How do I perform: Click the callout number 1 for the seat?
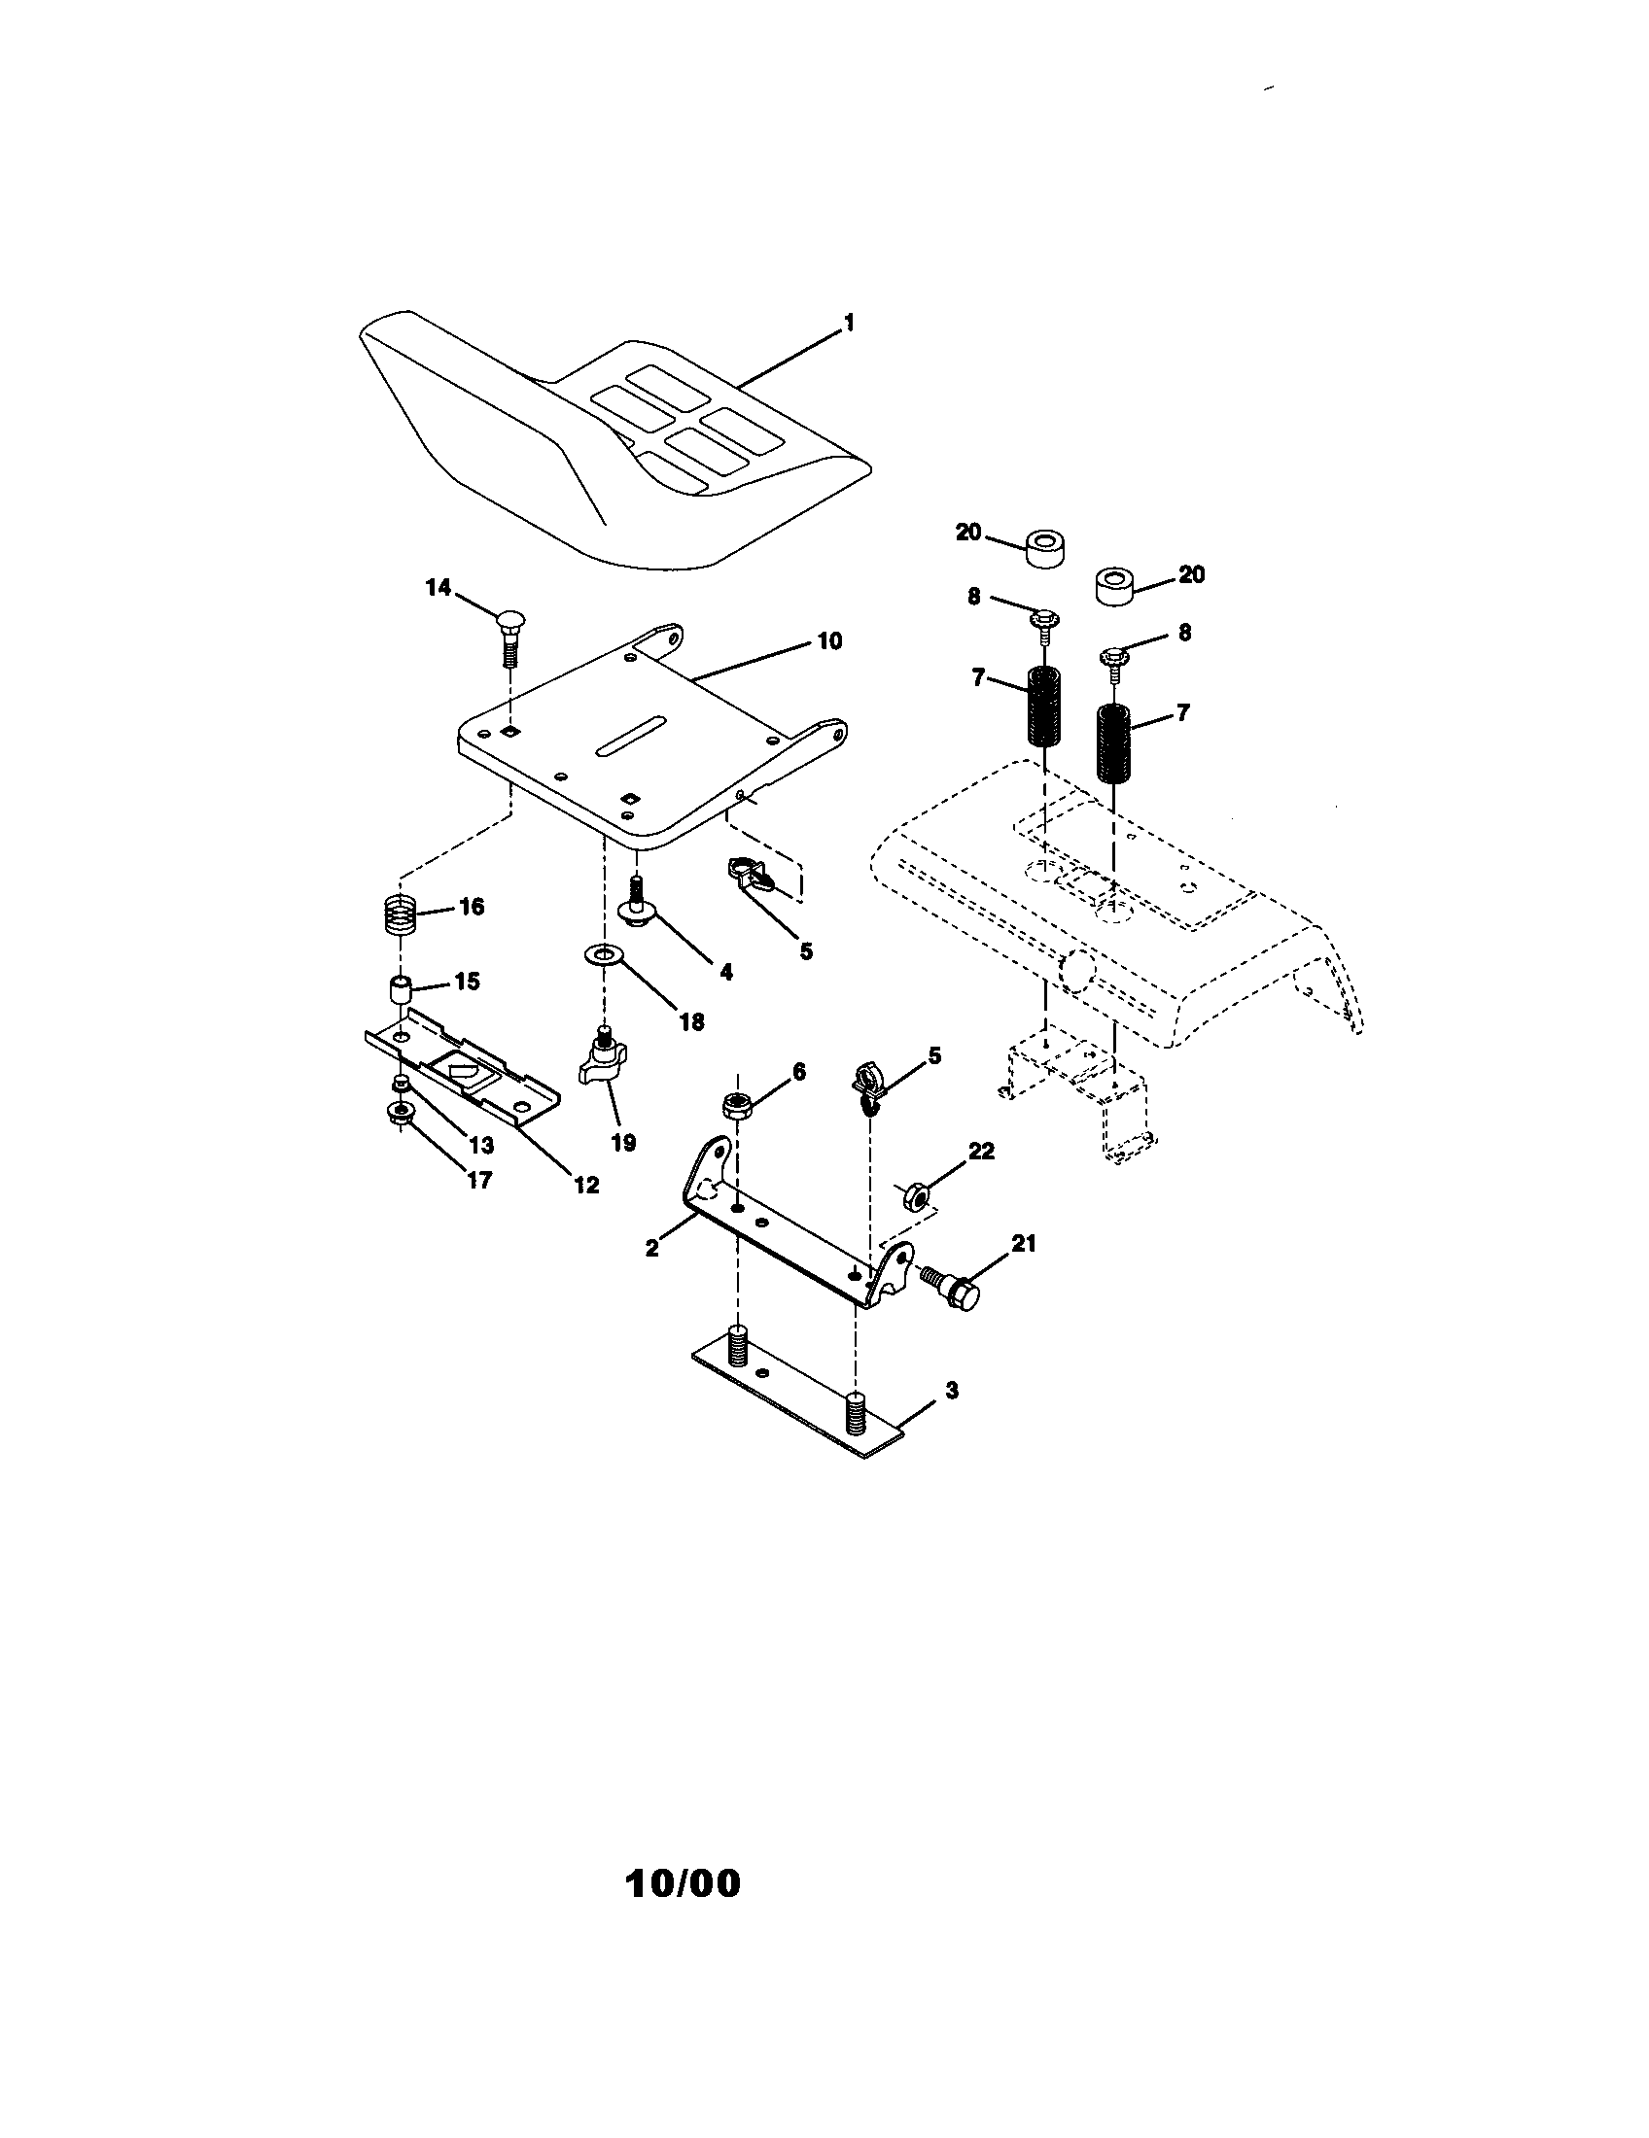(849, 323)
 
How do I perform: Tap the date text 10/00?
(683, 1883)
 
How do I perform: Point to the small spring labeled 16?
(400, 916)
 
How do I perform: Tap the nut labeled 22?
(910, 1194)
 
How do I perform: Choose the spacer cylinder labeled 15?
(401, 989)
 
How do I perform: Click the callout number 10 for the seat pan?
(828, 641)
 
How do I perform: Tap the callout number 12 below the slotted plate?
(585, 1185)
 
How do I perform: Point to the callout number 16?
(472, 907)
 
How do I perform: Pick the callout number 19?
(623, 1142)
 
